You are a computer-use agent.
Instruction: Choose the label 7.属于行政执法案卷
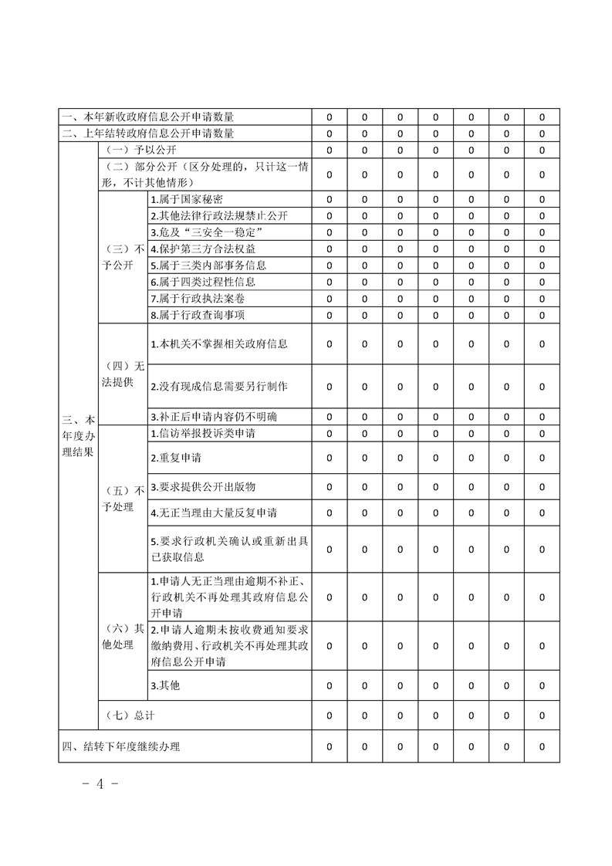click(198, 299)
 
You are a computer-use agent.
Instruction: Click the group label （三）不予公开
click(123, 257)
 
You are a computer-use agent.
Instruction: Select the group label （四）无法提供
click(123, 374)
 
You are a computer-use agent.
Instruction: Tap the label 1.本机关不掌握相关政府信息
click(219, 343)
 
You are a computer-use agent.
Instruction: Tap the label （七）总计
click(129, 715)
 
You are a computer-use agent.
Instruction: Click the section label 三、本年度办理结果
click(78, 435)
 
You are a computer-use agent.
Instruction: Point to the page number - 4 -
click(99, 785)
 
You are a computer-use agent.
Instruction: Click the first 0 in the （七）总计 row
click(330, 715)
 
